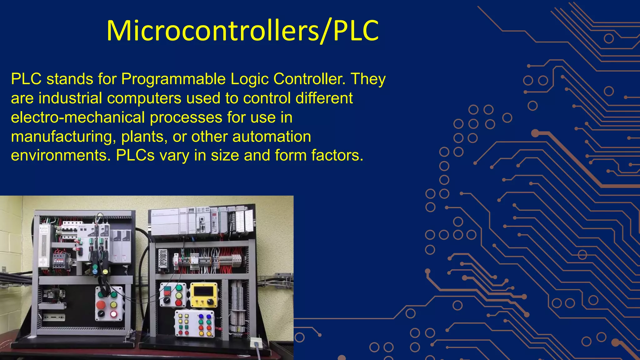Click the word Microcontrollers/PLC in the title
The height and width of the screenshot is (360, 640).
tap(242, 31)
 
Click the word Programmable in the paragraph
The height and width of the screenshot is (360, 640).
tap(173, 79)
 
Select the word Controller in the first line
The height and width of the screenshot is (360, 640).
tap(309, 79)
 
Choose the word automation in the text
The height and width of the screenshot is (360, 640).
tap(272, 137)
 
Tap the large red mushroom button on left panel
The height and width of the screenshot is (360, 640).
tap(101, 304)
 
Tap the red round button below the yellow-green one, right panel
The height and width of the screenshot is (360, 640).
tap(178, 302)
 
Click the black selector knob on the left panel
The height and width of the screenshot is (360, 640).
tap(101, 314)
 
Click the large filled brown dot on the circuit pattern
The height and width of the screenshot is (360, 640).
tap(535, 133)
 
